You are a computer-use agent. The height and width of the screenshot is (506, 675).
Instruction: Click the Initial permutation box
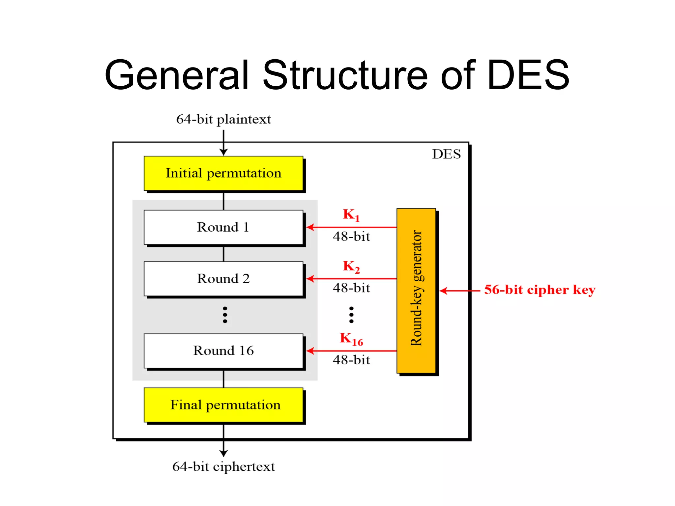pyautogui.click(x=223, y=173)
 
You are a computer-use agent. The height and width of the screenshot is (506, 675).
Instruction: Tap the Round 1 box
pyautogui.click(x=223, y=227)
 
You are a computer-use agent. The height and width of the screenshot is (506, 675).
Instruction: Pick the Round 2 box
pyautogui.click(x=223, y=279)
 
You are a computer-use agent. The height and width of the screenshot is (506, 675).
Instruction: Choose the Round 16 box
pyautogui.click(x=223, y=351)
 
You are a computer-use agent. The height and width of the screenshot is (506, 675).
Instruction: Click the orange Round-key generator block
pyautogui.click(x=416, y=291)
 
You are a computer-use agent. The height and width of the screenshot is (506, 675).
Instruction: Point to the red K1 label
pyautogui.click(x=351, y=215)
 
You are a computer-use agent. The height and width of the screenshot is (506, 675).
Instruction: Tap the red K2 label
pyautogui.click(x=351, y=266)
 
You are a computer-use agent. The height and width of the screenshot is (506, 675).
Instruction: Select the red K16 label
pyautogui.click(x=351, y=339)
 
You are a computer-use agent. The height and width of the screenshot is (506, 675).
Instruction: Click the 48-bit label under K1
pyautogui.click(x=351, y=237)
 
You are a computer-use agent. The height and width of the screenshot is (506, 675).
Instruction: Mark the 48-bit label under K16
pyautogui.click(x=351, y=360)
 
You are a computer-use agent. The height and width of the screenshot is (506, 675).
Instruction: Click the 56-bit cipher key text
pyautogui.click(x=540, y=290)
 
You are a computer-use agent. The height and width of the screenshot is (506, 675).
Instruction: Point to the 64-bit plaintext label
pyautogui.click(x=223, y=119)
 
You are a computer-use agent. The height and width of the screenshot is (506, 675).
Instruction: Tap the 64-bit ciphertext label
pyautogui.click(x=223, y=466)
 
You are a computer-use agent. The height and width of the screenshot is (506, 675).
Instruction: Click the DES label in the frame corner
pyautogui.click(x=446, y=154)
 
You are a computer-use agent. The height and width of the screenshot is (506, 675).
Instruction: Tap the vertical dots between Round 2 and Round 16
pyautogui.click(x=225, y=315)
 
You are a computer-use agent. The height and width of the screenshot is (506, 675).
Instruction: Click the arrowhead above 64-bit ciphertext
pyautogui.click(x=223, y=453)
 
